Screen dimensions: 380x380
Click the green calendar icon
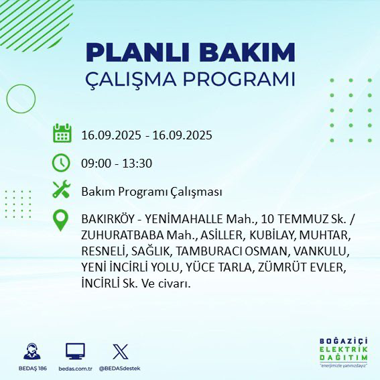click(x=62, y=134)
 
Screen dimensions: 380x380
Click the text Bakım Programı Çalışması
click(x=151, y=192)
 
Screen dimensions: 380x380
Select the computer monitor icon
click(x=75, y=351)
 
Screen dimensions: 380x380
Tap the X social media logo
click(x=120, y=351)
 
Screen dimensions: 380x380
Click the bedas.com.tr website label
click(x=75, y=369)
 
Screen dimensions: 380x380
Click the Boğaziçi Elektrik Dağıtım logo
click(x=343, y=352)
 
